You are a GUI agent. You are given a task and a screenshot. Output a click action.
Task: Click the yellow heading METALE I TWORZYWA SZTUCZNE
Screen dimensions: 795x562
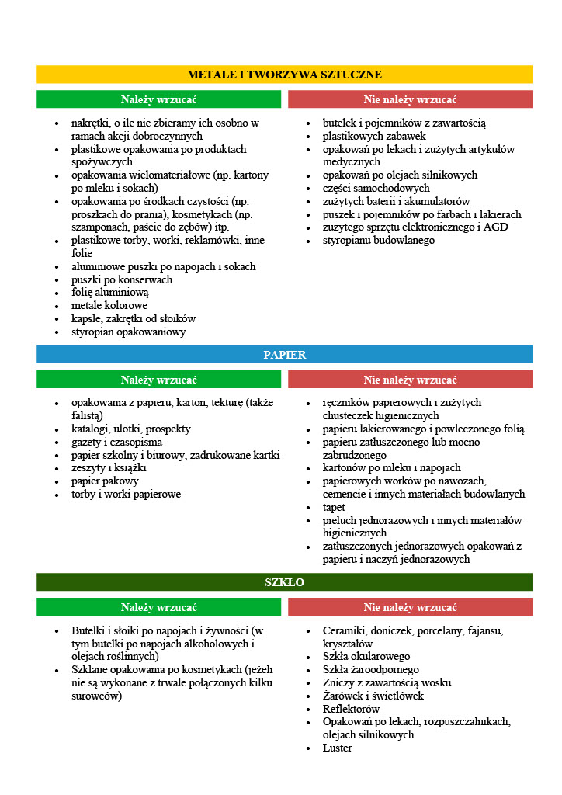pos(284,75)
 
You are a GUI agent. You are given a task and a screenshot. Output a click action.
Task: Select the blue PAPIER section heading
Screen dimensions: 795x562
pos(284,355)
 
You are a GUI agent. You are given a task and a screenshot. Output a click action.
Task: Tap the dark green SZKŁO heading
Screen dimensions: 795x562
pos(284,581)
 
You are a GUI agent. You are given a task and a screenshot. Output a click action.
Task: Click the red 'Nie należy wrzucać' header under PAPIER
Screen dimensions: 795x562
pos(410,380)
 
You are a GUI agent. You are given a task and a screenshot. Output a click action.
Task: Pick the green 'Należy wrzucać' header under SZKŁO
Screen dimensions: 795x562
pos(158,607)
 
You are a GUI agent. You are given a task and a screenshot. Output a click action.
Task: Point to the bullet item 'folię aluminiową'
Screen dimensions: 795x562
pos(109,293)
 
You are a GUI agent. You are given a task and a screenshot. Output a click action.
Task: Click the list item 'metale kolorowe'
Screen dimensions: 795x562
pos(109,306)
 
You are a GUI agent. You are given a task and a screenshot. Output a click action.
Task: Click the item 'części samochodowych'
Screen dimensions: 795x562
pos(376,188)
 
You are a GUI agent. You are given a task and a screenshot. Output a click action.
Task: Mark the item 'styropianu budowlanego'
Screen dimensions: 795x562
pos(379,240)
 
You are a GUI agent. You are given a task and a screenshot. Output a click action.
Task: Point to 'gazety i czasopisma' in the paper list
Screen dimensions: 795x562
pos(116,442)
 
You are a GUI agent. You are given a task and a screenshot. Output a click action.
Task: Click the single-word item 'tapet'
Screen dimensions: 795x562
pos(334,507)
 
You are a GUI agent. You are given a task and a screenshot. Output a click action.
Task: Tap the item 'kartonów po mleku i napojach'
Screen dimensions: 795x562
pos(391,468)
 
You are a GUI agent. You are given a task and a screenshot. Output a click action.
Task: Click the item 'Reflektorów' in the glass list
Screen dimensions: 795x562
pos(351,709)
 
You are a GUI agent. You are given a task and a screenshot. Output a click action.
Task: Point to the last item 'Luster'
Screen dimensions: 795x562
pos(337,748)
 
